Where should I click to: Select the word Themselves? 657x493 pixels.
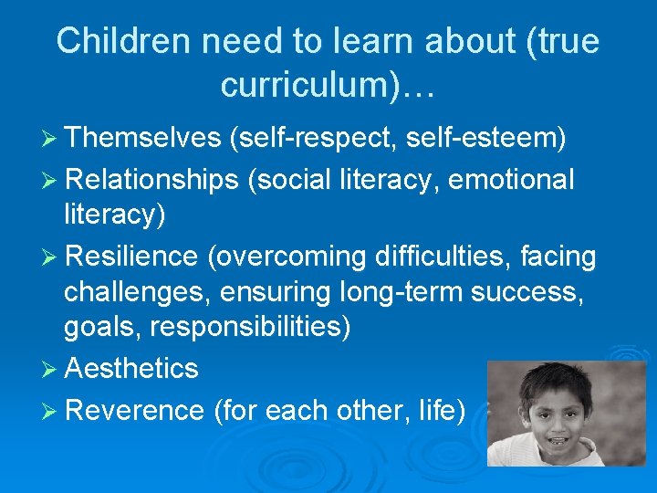[143, 138]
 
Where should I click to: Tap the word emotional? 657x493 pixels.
[512, 180]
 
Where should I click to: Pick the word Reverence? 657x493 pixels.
[134, 411]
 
